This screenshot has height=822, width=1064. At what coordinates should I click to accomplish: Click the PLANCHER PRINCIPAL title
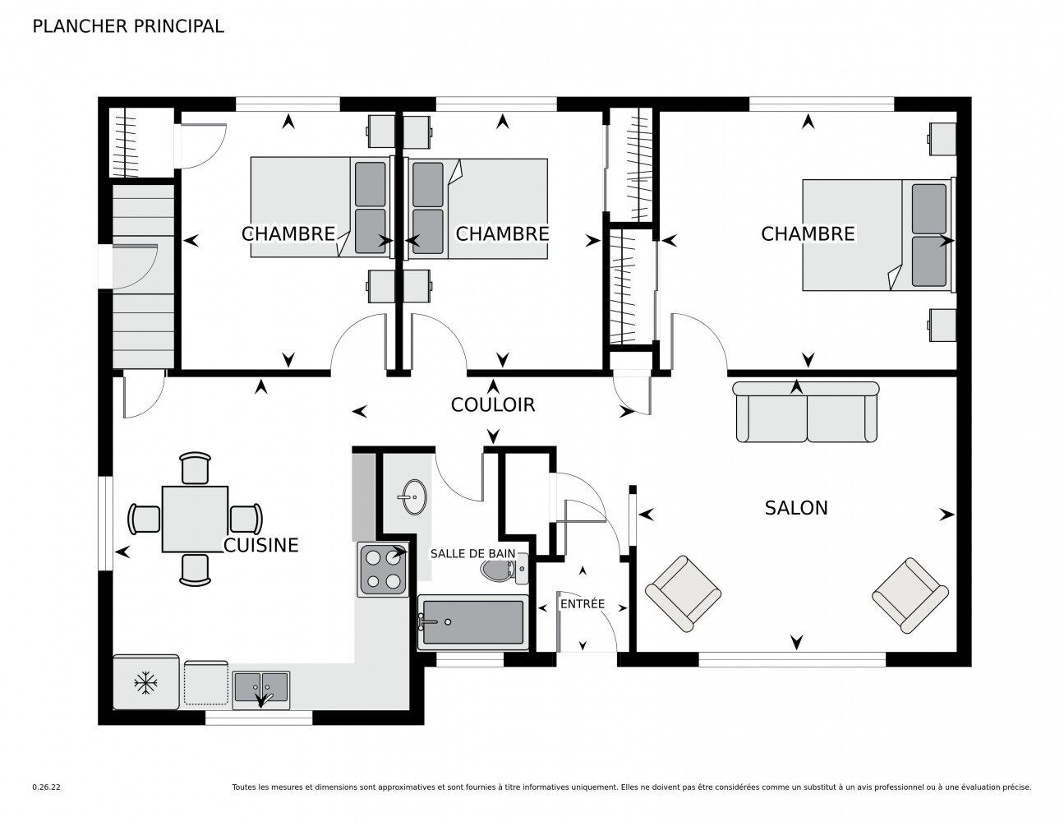point(128,26)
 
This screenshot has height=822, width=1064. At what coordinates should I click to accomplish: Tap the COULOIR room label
point(493,405)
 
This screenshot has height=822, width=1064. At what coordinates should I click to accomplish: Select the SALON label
point(795,508)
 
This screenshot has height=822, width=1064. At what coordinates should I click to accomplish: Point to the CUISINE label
point(261,545)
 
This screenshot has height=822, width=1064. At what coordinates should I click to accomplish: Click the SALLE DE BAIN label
point(472,553)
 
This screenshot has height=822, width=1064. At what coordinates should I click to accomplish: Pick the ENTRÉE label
point(583,604)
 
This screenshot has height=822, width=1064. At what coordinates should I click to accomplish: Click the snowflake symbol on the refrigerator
point(145,683)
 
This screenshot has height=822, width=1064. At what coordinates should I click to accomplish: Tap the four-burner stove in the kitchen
point(382,569)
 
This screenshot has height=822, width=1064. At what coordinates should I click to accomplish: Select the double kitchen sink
point(261,689)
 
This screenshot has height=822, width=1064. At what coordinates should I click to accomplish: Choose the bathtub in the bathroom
point(472,622)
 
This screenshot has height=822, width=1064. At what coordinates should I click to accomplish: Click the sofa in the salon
point(805,412)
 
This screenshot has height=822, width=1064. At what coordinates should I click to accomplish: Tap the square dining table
point(195,519)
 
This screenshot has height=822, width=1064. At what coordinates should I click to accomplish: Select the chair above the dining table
point(195,468)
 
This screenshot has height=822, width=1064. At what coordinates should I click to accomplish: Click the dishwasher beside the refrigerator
point(206,683)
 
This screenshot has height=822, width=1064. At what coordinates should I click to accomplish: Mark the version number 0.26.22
point(47,787)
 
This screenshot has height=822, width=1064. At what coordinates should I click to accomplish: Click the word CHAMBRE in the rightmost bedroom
point(808,234)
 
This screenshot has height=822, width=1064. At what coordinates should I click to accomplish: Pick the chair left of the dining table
point(144,519)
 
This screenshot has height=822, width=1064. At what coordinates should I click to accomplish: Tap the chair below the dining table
point(195,570)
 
